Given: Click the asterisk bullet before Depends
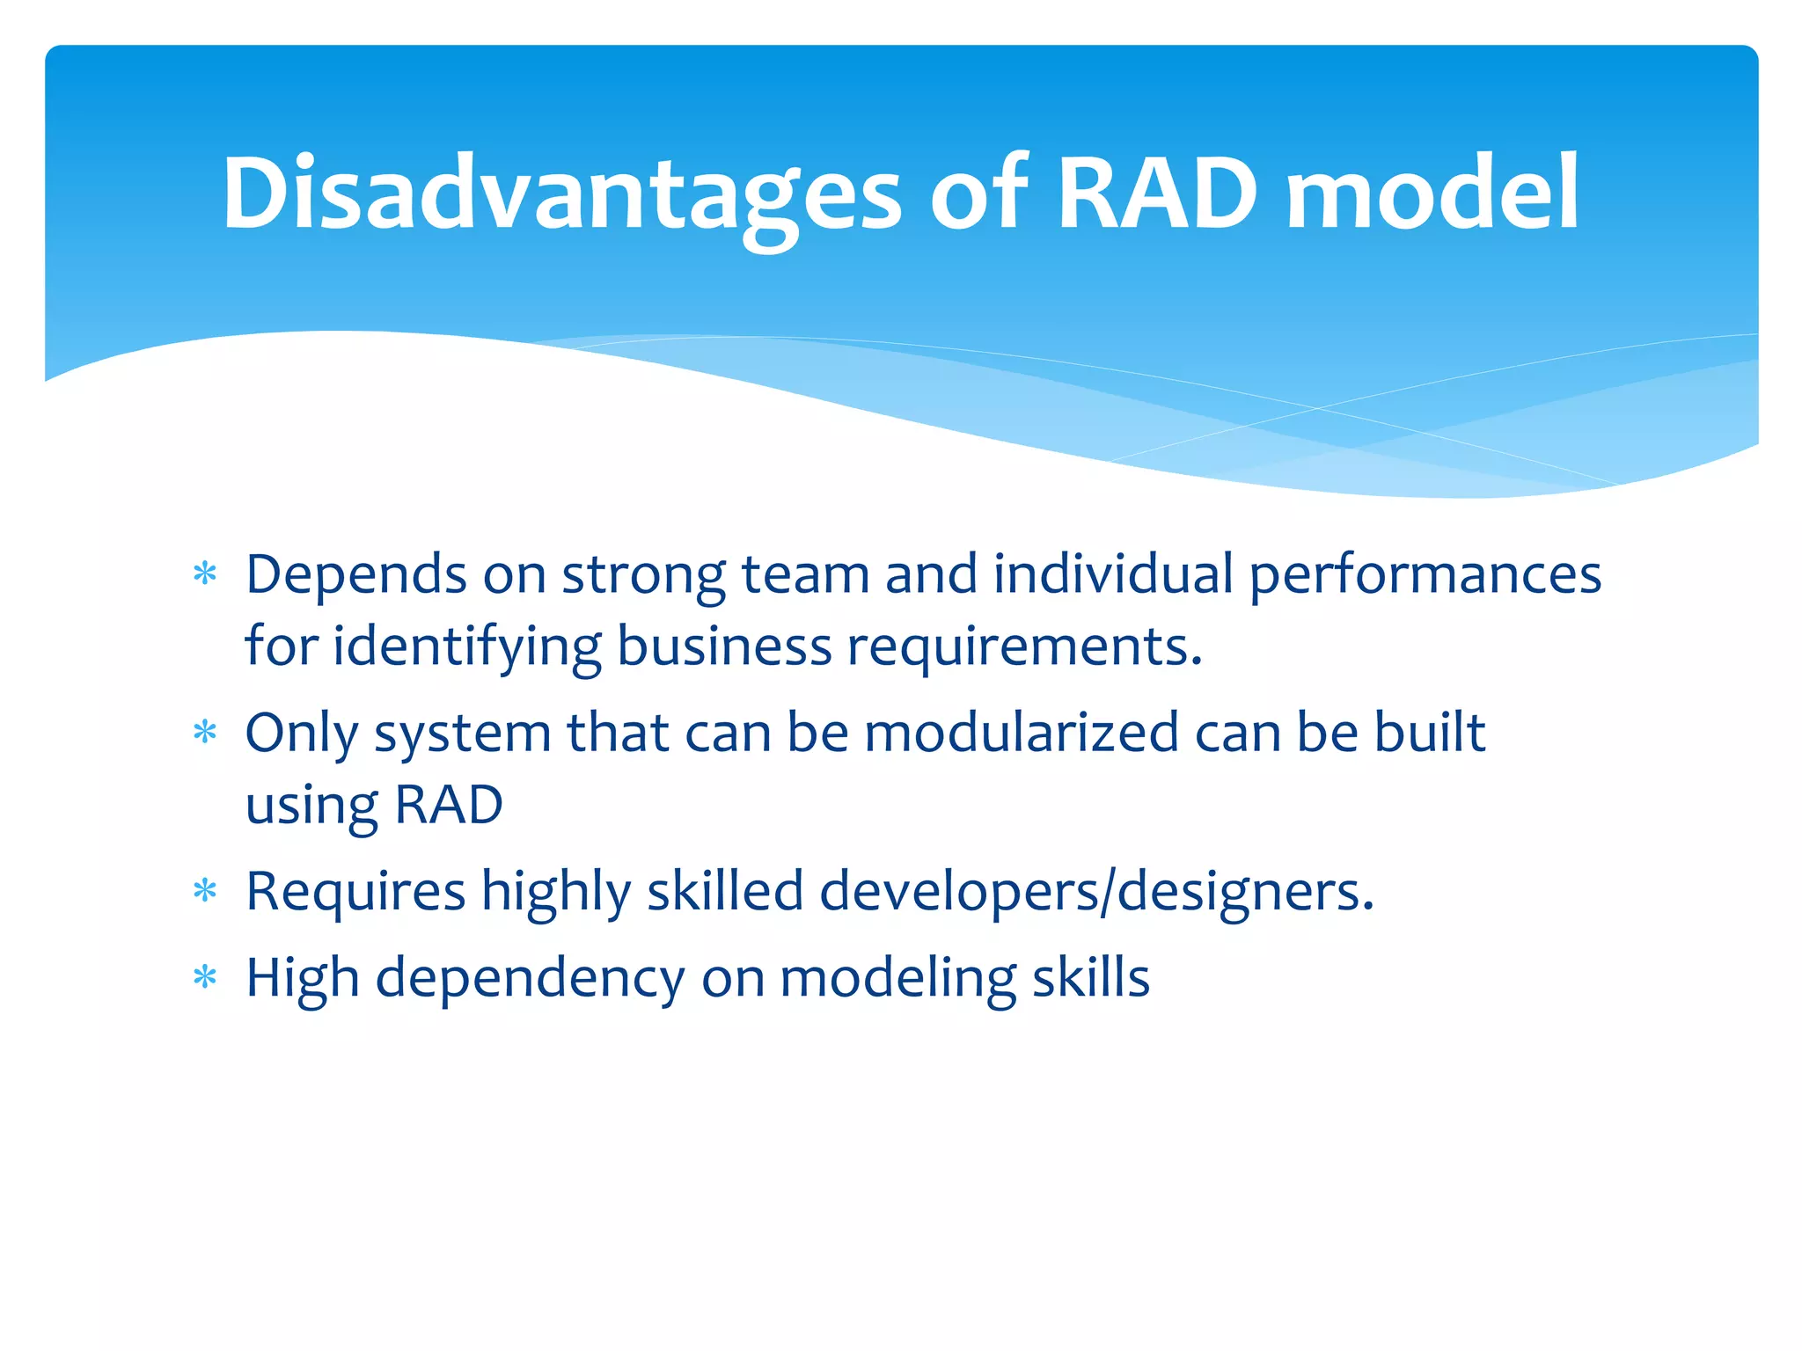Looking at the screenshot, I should pyautogui.click(x=205, y=575).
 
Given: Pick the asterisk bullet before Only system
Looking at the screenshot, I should pyautogui.click(x=205, y=733).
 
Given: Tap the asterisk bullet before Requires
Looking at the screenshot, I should pyautogui.click(x=205, y=891).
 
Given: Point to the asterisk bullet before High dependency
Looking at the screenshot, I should pyautogui.click(x=205, y=977).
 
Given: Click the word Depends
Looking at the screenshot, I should pyautogui.click(x=355, y=576).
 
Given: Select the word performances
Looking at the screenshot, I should pyautogui.click(x=1425, y=576).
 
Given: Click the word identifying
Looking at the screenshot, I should pyautogui.click(x=467, y=647).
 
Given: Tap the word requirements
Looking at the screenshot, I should pyautogui.click(x=1024, y=647).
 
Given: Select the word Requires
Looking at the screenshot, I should pyautogui.click(x=355, y=891).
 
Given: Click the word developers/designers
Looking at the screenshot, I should pyautogui.click(x=1096, y=891).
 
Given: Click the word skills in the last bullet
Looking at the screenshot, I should pyautogui.click(x=1091, y=977).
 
